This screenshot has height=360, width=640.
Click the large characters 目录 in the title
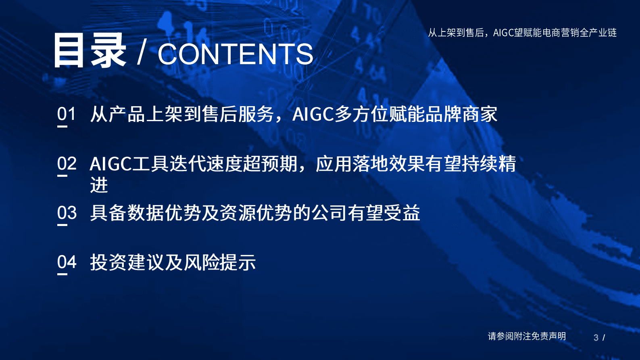click(90, 51)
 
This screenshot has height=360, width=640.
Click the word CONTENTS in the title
click(235, 54)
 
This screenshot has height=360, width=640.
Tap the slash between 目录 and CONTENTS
click(141, 53)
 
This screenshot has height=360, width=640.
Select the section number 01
click(67, 114)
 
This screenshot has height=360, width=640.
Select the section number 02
click(67, 164)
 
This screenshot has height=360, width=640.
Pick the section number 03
click(67, 213)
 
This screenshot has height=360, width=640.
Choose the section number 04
click(67, 262)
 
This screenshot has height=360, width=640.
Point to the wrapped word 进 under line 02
click(99, 185)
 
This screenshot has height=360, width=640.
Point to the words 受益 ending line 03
click(402, 213)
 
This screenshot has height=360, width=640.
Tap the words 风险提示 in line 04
click(220, 262)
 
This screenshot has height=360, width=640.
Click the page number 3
click(596, 337)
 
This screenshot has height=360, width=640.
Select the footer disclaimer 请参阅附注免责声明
click(527, 336)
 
